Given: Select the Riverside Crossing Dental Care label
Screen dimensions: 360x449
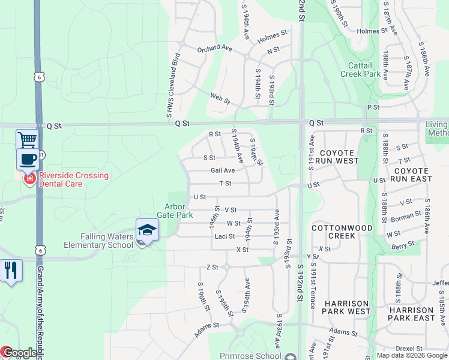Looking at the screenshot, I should pyautogui.click(x=74, y=179).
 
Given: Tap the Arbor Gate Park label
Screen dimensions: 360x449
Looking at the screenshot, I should pyautogui.click(x=175, y=210).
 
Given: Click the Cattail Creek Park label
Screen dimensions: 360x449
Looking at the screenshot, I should pyautogui.click(x=364, y=70).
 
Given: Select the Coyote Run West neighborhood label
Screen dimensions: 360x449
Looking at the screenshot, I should pyautogui.click(x=339, y=157).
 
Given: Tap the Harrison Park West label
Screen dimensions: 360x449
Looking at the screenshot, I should pyautogui.click(x=346, y=307).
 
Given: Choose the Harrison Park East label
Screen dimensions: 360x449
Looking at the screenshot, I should pyautogui.click(x=411, y=314).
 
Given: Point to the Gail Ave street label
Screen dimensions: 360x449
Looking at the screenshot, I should pyautogui.click(x=222, y=170).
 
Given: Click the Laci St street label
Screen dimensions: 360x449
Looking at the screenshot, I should pyautogui.click(x=224, y=236).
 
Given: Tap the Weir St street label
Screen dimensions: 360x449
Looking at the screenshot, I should pyautogui.click(x=220, y=98).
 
